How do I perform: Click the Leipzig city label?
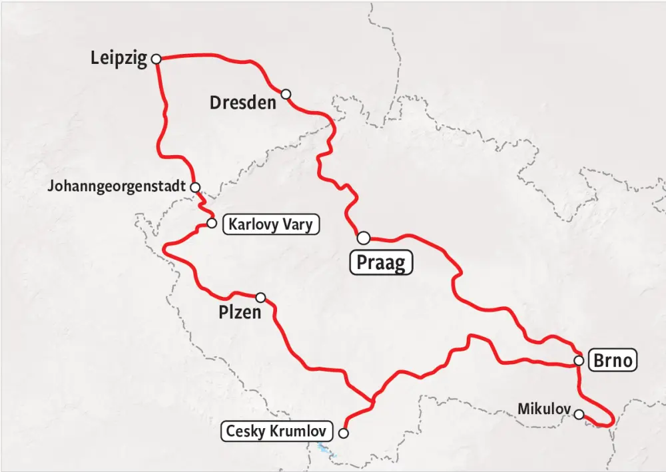[x=119, y=59]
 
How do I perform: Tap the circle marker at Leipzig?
[x=157, y=59]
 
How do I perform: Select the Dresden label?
[x=242, y=103]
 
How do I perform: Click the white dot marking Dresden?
[x=286, y=94]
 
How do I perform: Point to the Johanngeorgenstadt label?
[x=116, y=186]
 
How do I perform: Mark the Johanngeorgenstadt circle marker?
[x=195, y=187]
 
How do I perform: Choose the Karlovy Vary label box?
[x=270, y=224]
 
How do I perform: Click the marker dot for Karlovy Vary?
[x=212, y=223]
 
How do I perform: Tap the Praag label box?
[x=381, y=262]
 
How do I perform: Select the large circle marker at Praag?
[x=363, y=238]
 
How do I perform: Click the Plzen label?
[x=240, y=312]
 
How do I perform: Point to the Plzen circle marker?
[x=260, y=298]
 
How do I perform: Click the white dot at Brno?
[x=579, y=361]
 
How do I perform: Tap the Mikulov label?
[x=545, y=407]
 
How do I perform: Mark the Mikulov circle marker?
[x=579, y=414]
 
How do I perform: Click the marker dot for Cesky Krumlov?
[x=344, y=433]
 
